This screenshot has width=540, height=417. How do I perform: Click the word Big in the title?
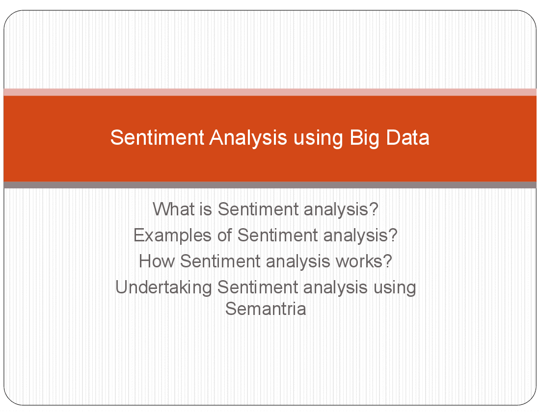click(364, 138)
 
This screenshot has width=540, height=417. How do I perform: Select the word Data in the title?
click(407, 138)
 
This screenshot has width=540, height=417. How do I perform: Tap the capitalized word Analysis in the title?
click(248, 138)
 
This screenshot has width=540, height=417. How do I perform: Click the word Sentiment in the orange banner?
click(157, 138)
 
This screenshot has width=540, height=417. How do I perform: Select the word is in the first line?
click(206, 209)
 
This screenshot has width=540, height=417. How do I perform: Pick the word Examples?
click(172, 235)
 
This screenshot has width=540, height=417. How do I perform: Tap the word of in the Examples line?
click(224, 235)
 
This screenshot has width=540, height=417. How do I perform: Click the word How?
click(157, 261)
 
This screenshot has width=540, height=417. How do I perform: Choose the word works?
click(359, 261)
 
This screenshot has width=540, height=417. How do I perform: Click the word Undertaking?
click(163, 287)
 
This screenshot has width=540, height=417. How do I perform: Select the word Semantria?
click(266, 309)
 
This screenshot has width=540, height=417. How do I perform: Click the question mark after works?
click(388, 261)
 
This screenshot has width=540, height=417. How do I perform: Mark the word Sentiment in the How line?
click(220, 261)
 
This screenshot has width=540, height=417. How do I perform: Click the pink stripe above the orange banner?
click(270, 92)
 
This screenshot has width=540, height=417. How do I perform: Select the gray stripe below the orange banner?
click(270, 185)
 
